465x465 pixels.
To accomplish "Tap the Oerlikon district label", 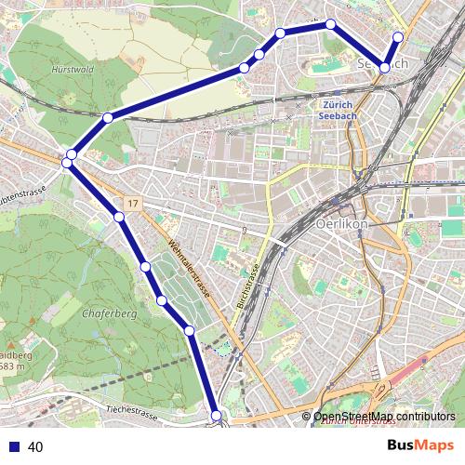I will [343, 225].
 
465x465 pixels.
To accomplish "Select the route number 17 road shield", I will [134, 203].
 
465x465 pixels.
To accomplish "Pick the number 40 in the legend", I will [36, 447].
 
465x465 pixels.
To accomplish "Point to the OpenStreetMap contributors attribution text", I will [384, 417].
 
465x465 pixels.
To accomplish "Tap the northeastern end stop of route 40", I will [398, 37].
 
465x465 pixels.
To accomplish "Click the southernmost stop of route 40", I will [217, 416].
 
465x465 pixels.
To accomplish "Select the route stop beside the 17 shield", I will [119, 218].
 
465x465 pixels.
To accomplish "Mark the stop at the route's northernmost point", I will [330, 23].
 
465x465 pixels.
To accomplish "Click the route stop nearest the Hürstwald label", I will [108, 117].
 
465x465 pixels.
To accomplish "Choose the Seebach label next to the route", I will [382, 62].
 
